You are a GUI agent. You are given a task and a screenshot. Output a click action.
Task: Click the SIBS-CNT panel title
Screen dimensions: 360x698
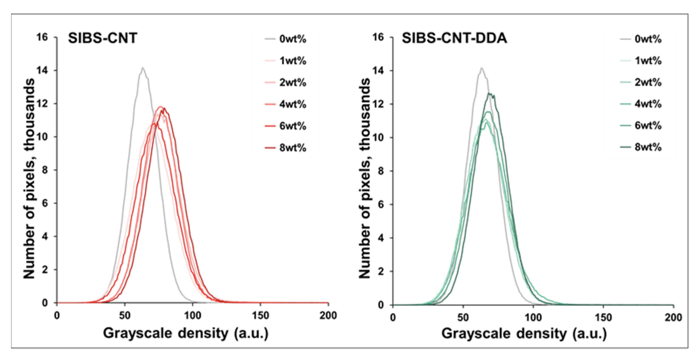pos(102,38)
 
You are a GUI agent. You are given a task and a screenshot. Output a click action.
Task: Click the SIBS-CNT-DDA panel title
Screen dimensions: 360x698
pos(454,38)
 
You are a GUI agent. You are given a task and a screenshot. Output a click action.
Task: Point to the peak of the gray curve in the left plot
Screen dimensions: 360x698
pos(142,68)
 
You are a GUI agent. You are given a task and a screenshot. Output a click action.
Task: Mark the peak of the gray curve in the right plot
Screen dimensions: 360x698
pos(481,68)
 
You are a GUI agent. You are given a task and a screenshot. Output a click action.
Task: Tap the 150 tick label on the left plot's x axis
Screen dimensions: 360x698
pos(260,316)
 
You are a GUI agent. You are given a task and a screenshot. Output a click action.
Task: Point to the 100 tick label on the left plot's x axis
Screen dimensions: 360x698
pos(192,316)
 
